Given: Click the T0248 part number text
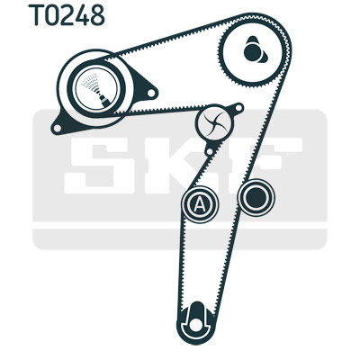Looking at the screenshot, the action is click(67, 15).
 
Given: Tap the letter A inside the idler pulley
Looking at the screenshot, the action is click(200, 205).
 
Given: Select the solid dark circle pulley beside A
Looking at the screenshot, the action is click(256, 197).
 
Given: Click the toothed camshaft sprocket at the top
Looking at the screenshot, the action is click(254, 52).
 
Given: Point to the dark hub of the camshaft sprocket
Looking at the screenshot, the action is click(254, 51).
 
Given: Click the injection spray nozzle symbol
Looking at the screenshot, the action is click(96, 87).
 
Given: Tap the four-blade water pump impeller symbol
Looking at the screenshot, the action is click(214, 122).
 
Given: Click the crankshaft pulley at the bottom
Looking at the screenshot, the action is click(196, 322).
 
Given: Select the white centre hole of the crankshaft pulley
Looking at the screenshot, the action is click(196, 325).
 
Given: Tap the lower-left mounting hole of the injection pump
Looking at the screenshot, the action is click(57, 129).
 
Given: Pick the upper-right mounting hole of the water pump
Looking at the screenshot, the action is click(238, 107).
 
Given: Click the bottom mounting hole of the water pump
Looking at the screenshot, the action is click(210, 151).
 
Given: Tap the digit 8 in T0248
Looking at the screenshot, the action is click(97, 15).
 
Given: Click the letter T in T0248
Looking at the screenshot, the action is click(36, 15).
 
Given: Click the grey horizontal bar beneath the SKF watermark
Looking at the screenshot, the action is click(179, 239).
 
